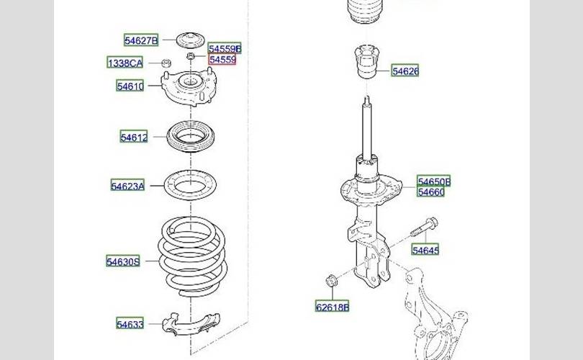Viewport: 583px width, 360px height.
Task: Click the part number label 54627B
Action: pos(140,40)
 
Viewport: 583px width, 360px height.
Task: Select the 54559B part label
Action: pos(225,49)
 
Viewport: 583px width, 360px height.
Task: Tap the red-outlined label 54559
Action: pos(222,60)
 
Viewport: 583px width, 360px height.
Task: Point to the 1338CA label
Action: pos(125,63)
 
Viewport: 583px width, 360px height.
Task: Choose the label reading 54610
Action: pos(131,86)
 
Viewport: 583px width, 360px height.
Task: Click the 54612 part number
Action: pos(134,137)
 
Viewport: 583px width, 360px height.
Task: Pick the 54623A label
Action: pos(127,186)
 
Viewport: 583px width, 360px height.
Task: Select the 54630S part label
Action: pos(122,261)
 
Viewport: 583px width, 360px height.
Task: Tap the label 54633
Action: pos(131,324)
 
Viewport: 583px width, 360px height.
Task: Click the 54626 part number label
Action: pos(405,71)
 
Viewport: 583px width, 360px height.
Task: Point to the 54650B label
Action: pos(434,181)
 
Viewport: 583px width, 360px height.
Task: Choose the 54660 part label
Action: pos(431,192)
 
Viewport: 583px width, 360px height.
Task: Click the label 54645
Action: pos(425,250)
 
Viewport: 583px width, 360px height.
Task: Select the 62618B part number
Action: pos(332,307)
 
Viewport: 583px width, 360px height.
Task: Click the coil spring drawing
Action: pos(194,256)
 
